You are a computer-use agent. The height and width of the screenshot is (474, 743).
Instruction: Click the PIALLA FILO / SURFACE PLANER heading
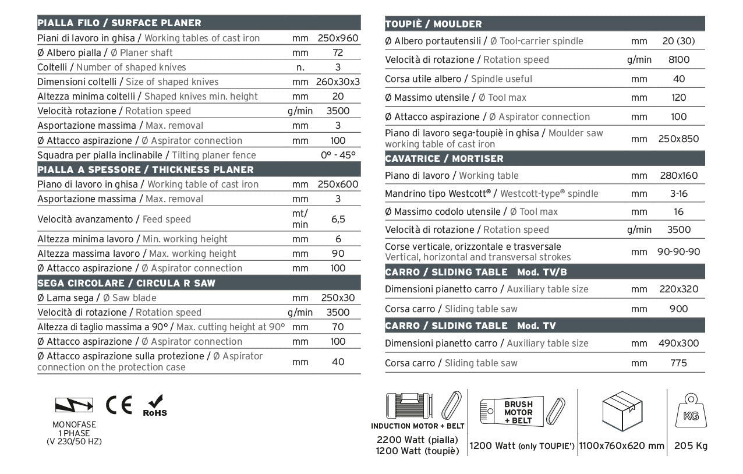(x=119, y=23)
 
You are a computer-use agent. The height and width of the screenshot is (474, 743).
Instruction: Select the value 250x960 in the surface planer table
(x=338, y=38)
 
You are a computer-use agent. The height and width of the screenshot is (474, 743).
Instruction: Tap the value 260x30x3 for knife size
(x=338, y=82)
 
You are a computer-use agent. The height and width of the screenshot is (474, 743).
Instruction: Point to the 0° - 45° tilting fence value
(x=338, y=155)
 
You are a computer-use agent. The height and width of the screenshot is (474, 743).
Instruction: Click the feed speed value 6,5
(x=338, y=220)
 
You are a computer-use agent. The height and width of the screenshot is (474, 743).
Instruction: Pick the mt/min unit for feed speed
(x=300, y=220)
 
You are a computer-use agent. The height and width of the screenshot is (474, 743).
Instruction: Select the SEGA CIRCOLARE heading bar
(x=126, y=284)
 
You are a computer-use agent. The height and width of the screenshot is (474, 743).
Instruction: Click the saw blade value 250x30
(x=338, y=298)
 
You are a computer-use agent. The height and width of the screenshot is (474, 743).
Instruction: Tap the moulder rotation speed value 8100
(x=678, y=60)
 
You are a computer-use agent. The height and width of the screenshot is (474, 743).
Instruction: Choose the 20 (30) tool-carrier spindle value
(x=678, y=41)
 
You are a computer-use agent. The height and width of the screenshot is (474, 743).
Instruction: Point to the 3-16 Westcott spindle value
(x=678, y=194)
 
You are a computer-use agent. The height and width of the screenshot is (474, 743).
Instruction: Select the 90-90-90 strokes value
(x=678, y=252)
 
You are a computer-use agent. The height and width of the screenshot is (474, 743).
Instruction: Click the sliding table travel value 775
(x=678, y=363)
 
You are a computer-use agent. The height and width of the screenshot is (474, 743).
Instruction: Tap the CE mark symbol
(x=119, y=404)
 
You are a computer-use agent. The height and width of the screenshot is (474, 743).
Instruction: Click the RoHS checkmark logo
(x=155, y=406)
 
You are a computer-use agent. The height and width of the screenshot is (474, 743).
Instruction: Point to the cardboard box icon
(x=622, y=410)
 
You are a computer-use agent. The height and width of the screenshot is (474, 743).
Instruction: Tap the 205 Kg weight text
(x=691, y=446)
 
